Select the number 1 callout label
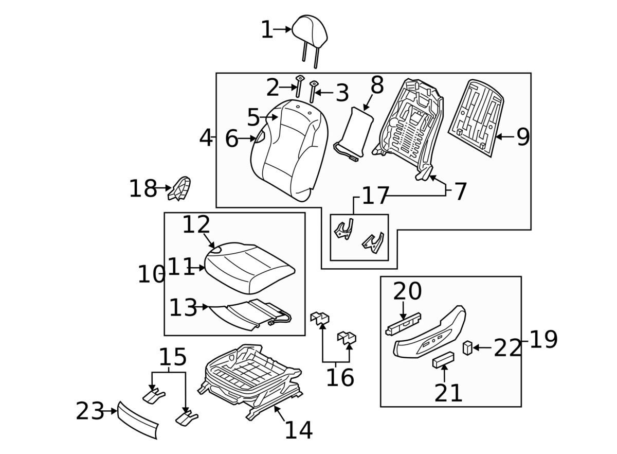pyautogui.click(x=266, y=30)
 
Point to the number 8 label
pyautogui.click(x=377, y=85)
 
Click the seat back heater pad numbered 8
pyautogui.click(x=355, y=132)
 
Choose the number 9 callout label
pyautogui.click(x=523, y=137)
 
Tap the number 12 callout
pyautogui.click(x=196, y=224)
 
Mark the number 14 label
pyautogui.click(x=299, y=430)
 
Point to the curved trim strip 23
pyautogui.click(x=137, y=420)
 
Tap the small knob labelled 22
pyautogui.click(x=467, y=348)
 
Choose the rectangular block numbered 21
pyautogui.click(x=443, y=360)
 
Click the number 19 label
pyautogui.click(x=543, y=340)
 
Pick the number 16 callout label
pyautogui.click(x=340, y=378)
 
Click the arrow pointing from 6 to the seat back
pyautogui.click(x=248, y=138)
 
